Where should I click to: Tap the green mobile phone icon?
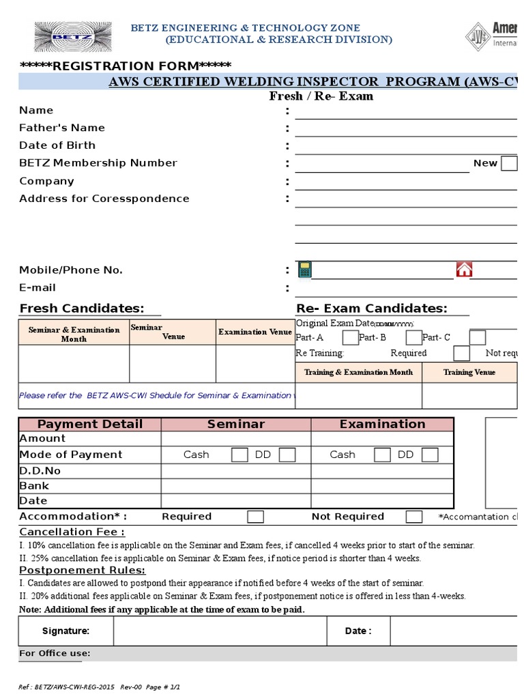point(304,269)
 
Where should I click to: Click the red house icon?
point(464,269)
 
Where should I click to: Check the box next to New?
point(509,163)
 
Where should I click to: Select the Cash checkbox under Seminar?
point(239,455)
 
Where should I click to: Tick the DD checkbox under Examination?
point(429,455)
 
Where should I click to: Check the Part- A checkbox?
point(350,337)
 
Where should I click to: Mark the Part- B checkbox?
point(413,337)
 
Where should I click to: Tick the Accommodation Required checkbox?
point(255,517)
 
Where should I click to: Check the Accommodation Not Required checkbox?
point(413,517)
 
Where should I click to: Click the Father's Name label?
point(62,128)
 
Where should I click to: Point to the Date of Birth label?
point(57,145)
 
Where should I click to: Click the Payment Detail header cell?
point(90,424)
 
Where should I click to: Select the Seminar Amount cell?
point(236,438)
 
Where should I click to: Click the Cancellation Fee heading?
point(72,532)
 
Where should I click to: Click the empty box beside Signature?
point(220,631)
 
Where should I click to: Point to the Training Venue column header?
point(469,372)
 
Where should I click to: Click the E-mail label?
point(38,287)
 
